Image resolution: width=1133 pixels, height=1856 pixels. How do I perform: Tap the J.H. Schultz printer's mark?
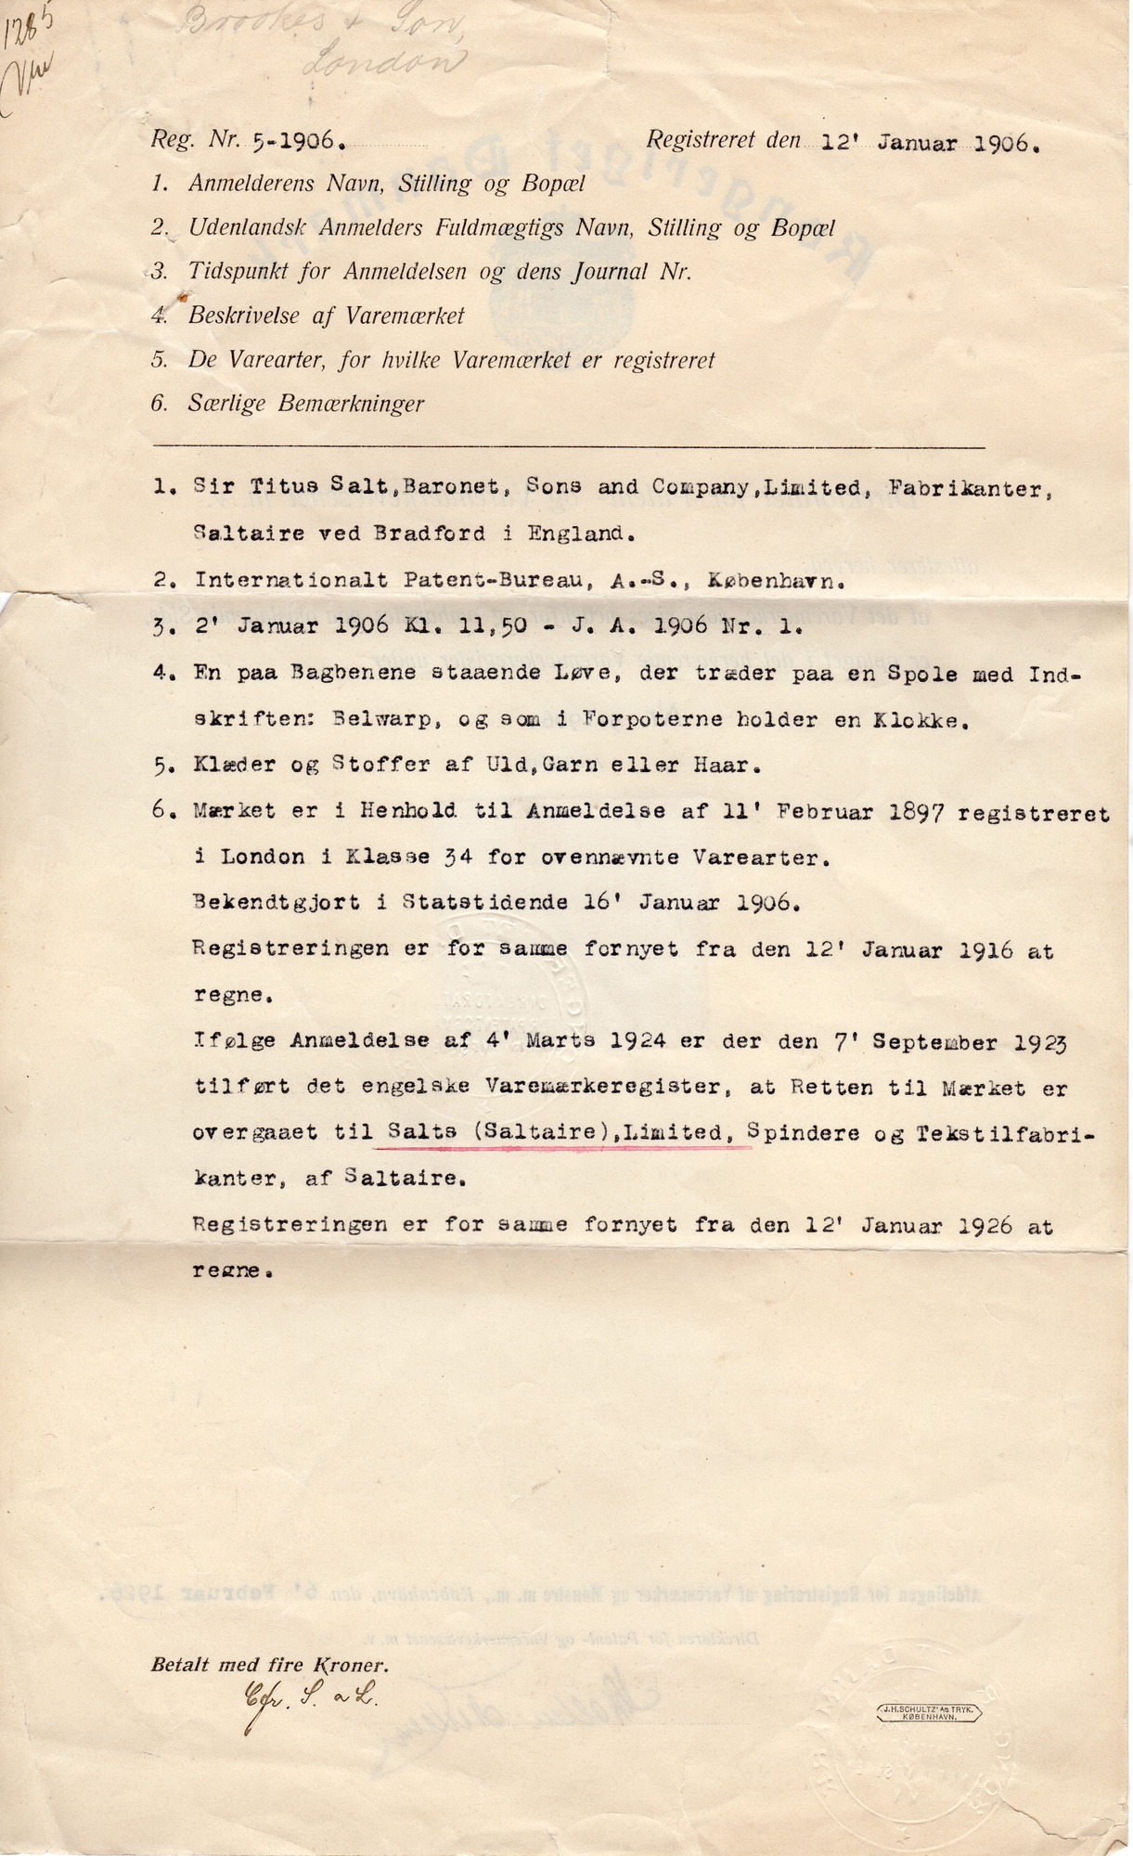coord(928,1713)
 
